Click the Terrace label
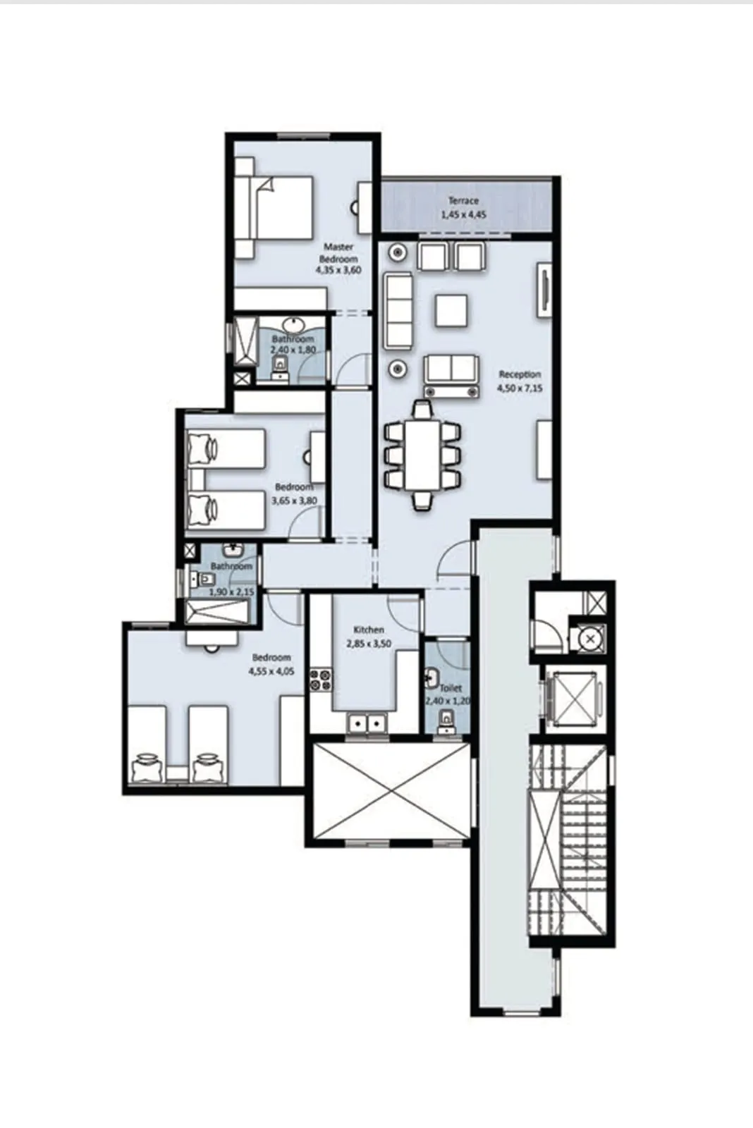click(463, 201)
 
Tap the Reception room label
click(520, 374)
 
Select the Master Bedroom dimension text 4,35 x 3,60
click(338, 270)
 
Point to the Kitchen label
click(368, 630)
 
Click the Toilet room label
click(451, 687)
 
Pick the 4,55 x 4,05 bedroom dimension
click(271, 672)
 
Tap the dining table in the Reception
click(422, 455)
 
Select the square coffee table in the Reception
click(451, 310)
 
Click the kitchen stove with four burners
click(321, 680)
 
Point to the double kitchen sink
click(367, 723)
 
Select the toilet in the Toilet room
click(446, 721)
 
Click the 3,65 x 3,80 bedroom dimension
click(294, 501)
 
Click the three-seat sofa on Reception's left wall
click(398, 310)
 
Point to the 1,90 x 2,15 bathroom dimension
click(231, 591)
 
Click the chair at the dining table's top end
click(422, 410)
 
